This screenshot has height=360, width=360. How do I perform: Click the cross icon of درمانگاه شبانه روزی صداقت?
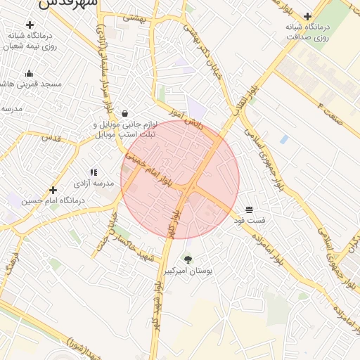pyautogui.click(x=307, y=16)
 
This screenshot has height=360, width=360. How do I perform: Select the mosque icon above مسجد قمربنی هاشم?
pyautogui.click(x=29, y=73)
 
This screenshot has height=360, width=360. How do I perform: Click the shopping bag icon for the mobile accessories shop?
pyautogui.click(x=124, y=113)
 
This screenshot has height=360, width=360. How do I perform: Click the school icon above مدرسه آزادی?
pyautogui.click(x=93, y=172)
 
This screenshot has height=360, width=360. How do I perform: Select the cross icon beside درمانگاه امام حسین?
pyautogui.click(x=52, y=190)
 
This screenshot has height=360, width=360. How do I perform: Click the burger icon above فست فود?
pyautogui.click(x=249, y=210)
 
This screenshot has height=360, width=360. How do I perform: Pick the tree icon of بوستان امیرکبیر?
pyautogui.click(x=187, y=259)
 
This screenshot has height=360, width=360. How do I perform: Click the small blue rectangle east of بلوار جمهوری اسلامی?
pyautogui.click(x=284, y=139)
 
